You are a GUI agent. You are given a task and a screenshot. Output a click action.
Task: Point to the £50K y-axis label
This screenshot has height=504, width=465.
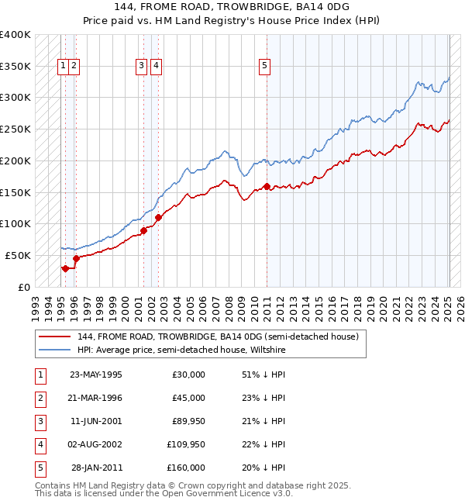point(18,255)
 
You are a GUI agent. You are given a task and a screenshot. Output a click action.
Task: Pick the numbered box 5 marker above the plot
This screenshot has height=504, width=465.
point(264,66)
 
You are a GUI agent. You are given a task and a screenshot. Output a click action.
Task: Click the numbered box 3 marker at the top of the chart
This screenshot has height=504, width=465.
point(142,66)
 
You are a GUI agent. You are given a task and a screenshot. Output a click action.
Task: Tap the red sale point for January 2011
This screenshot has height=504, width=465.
point(267,186)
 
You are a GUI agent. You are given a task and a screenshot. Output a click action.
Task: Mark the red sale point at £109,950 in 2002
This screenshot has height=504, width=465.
point(158,217)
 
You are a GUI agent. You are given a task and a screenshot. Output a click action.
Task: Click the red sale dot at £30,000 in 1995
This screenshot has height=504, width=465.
point(65,268)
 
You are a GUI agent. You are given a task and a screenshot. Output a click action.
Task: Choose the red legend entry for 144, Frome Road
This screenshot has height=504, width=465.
point(217,337)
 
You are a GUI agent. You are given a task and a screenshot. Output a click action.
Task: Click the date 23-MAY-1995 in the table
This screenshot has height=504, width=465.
point(95,375)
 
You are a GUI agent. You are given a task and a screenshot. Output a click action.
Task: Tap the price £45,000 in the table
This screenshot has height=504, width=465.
point(188,398)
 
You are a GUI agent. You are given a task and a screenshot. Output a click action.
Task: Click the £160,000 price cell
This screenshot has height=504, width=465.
point(186,468)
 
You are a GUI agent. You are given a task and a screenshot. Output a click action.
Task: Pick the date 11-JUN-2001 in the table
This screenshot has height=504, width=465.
point(95,421)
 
